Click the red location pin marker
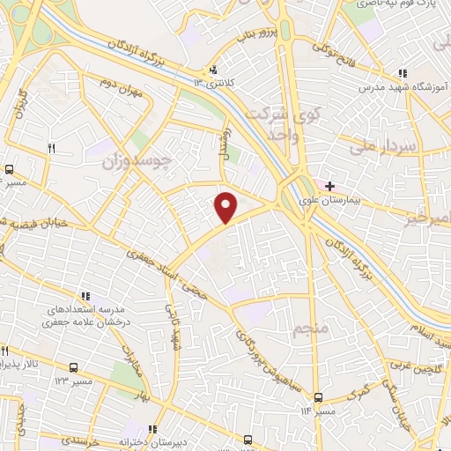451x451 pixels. (x=226, y=208)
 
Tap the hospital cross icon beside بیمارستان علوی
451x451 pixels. (x=329, y=187)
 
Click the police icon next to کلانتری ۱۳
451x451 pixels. (x=212, y=70)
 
